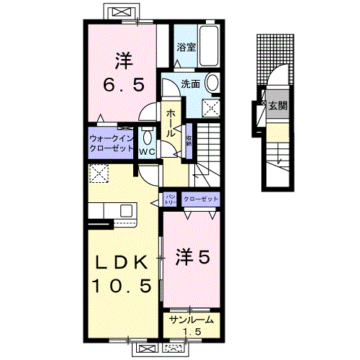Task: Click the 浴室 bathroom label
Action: click(x=186, y=48)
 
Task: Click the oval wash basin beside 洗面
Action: click(x=212, y=84)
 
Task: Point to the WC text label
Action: click(x=147, y=151)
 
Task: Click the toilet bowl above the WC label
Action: click(x=147, y=137)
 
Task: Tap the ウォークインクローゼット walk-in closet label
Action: click(x=112, y=141)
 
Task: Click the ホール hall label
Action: click(x=171, y=123)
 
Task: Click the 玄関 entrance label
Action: click(x=278, y=105)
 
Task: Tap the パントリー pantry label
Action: click(x=171, y=198)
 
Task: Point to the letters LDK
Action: click(x=121, y=260)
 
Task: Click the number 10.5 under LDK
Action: click(x=121, y=287)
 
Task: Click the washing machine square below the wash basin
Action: click(x=212, y=109)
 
